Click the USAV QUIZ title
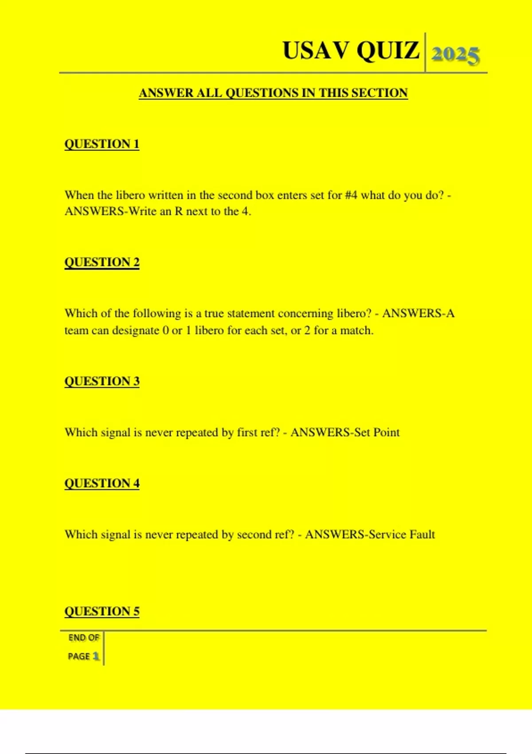tap(351, 51)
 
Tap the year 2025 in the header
tap(455, 55)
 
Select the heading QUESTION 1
tap(102, 144)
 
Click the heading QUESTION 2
tap(102, 262)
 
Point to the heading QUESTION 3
tap(102, 381)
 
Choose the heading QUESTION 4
tap(102, 483)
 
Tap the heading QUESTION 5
tap(102, 611)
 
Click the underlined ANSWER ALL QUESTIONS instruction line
tap(273, 93)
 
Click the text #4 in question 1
tap(351, 195)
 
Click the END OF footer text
tap(83, 638)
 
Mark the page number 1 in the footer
tap(96, 656)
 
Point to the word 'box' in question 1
tap(265, 195)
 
